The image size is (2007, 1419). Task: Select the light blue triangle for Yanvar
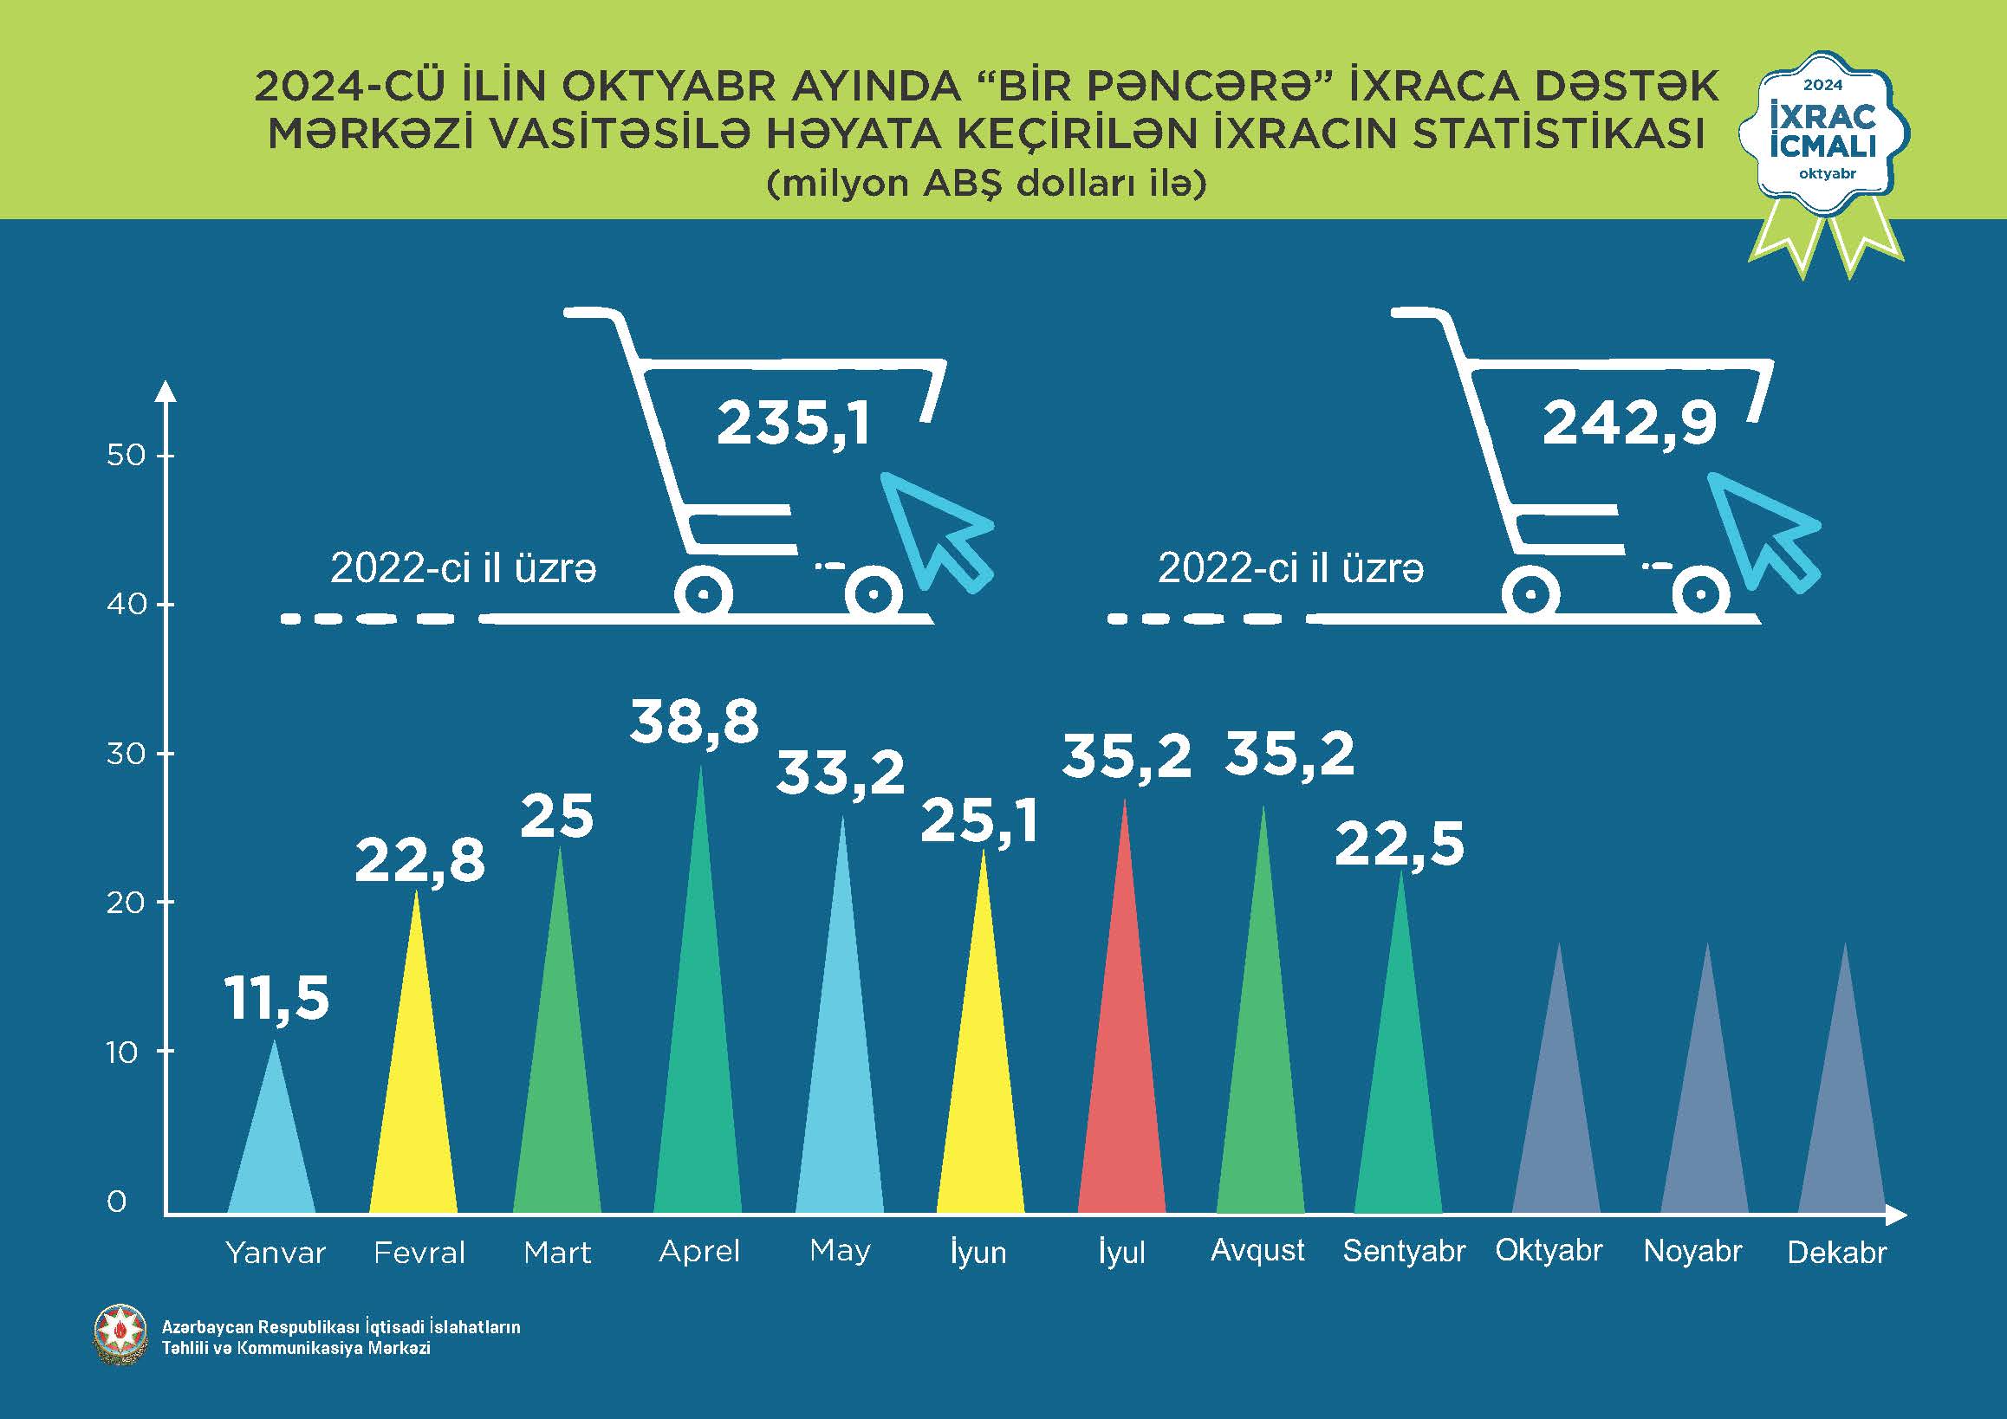[272, 1153]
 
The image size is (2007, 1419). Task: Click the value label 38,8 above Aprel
[695, 722]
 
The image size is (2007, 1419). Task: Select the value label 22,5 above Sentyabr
[1400, 844]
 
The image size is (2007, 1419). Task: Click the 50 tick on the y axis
[126, 455]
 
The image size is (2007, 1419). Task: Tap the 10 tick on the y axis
[123, 1052]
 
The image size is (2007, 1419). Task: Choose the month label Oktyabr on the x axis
[1549, 1250]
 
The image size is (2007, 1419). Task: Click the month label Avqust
[1257, 1250]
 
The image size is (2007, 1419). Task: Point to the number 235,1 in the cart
[794, 424]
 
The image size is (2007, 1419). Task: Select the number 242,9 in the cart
[1629, 424]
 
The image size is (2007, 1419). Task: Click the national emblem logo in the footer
[120, 1335]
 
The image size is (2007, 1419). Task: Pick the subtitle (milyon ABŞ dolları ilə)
[986, 184]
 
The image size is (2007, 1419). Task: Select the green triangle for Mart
[557, 1092]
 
